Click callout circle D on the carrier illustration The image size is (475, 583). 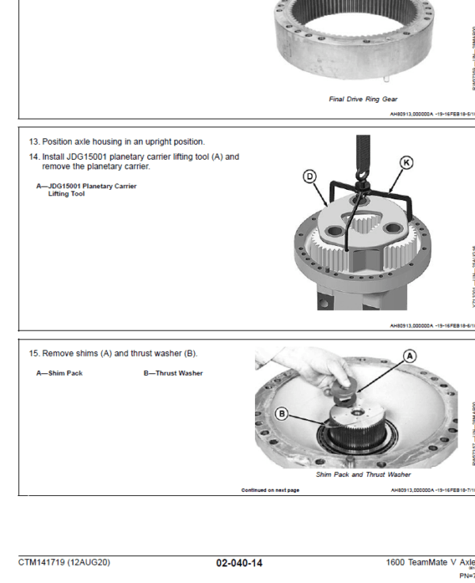click(x=310, y=176)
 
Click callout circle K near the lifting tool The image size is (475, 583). click(x=406, y=163)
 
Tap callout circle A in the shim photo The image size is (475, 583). click(x=409, y=356)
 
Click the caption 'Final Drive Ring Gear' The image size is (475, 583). click(x=363, y=100)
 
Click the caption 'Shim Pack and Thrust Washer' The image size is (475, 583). click(x=363, y=475)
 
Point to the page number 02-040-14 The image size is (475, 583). click(x=239, y=563)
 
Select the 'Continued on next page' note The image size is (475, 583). click(x=270, y=490)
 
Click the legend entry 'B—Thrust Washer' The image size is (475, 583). click(x=173, y=373)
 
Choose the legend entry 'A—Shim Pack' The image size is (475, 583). click(x=59, y=373)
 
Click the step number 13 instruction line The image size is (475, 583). click(x=116, y=142)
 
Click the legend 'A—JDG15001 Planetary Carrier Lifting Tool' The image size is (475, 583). click(x=86, y=190)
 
